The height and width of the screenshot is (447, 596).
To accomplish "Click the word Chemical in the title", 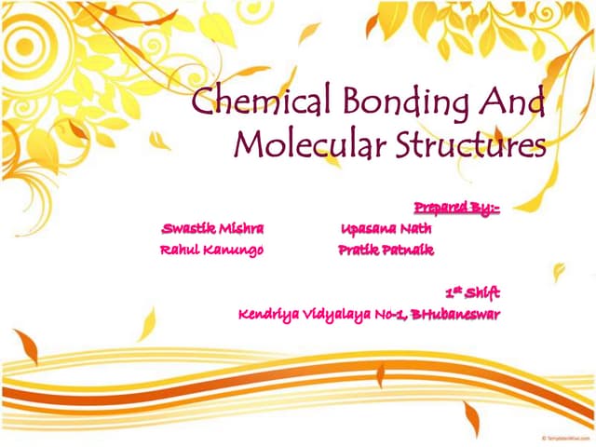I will click(x=249, y=102).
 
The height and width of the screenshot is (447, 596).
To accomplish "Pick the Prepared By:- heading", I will click(x=456, y=208).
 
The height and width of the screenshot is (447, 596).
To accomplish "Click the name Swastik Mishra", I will click(x=212, y=229).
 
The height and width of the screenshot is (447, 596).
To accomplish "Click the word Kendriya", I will click(x=268, y=315).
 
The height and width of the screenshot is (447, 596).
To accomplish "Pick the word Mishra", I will click(x=240, y=229).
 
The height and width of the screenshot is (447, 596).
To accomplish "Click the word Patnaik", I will click(x=409, y=251).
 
